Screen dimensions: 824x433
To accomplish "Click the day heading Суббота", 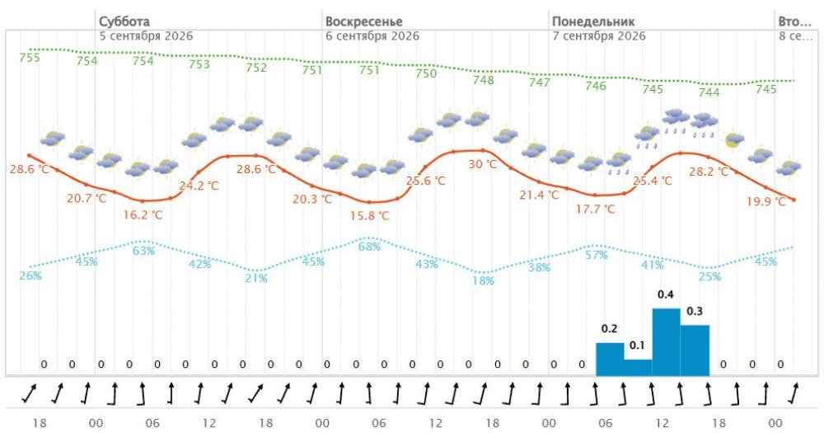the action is pos(124,21).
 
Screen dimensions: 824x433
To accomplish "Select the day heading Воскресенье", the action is pos(363,21).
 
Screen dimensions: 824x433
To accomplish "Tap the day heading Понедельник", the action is pos(593,21).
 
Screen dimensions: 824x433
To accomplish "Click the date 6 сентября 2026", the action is pos(372,36).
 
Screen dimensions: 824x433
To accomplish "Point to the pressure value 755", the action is pos(30,58).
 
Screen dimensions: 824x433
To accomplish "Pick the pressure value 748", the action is pos(483,80).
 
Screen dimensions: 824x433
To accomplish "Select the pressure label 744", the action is pos(709,92).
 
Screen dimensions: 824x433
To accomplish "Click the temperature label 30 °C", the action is pos(482,164).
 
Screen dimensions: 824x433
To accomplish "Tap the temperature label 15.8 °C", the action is pos(369,216).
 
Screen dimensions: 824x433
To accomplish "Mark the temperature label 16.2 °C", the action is pos(143,214).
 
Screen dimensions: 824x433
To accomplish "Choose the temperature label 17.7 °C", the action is pos(596,209).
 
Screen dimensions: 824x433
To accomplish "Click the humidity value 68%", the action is pos(369,247).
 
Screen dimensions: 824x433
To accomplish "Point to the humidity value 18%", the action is pos(483,280).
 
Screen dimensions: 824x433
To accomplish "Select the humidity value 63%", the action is pos(143,251).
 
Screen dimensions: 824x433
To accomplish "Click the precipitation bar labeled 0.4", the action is pos(667,342).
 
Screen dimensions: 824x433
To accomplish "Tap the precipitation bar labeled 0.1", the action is pos(638,368).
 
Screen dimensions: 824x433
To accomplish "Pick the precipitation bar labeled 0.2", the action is pos(610,360).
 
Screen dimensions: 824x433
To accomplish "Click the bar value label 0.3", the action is pos(694,312).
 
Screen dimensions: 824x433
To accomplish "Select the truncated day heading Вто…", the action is pos(794,21).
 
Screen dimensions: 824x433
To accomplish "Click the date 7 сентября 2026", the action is pos(598,36).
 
